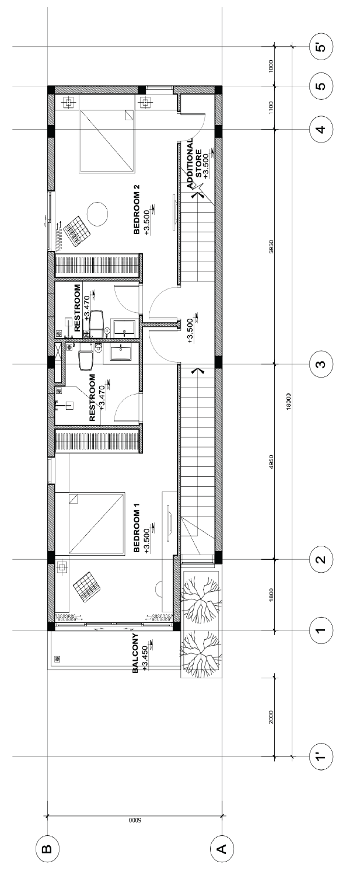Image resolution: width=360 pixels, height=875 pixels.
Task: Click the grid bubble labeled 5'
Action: pos(321,48)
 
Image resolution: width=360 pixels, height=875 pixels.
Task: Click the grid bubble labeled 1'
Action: pos(321,757)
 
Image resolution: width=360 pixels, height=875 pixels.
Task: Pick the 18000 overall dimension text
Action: pos(289,401)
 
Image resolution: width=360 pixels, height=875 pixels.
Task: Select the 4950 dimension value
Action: pos(272,461)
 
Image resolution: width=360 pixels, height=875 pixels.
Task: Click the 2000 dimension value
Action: pos(272,717)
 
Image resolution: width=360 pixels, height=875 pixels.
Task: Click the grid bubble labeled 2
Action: pos(321,560)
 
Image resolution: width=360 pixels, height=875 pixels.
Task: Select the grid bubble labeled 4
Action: pos(321,130)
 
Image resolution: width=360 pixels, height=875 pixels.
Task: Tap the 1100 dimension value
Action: pos(272,107)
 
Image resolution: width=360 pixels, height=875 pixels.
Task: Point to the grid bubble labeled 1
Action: pos(321,630)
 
